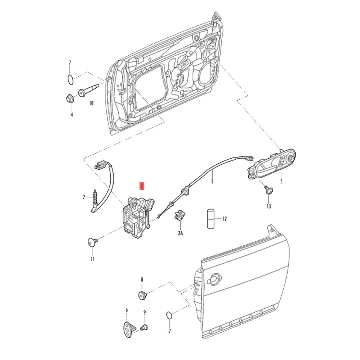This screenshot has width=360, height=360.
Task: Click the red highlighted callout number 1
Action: [x=142, y=186]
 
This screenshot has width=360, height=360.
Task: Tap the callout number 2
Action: [x=84, y=197]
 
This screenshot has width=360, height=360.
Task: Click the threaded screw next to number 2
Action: [x=95, y=197]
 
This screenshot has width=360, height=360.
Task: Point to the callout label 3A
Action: [x=181, y=233]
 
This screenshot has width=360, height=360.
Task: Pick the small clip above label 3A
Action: [x=179, y=215]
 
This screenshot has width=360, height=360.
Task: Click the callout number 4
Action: [x=71, y=115]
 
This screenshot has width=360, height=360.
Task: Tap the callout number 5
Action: [x=281, y=182]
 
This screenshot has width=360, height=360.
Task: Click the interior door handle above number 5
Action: [x=272, y=164]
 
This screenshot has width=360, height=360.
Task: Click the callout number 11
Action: [x=92, y=259]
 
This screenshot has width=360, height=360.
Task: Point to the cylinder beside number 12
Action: [x=210, y=218]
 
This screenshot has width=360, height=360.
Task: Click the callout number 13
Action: [x=269, y=206]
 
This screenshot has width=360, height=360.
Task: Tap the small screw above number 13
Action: [x=268, y=190]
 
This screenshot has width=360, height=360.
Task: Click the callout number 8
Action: [x=142, y=279]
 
